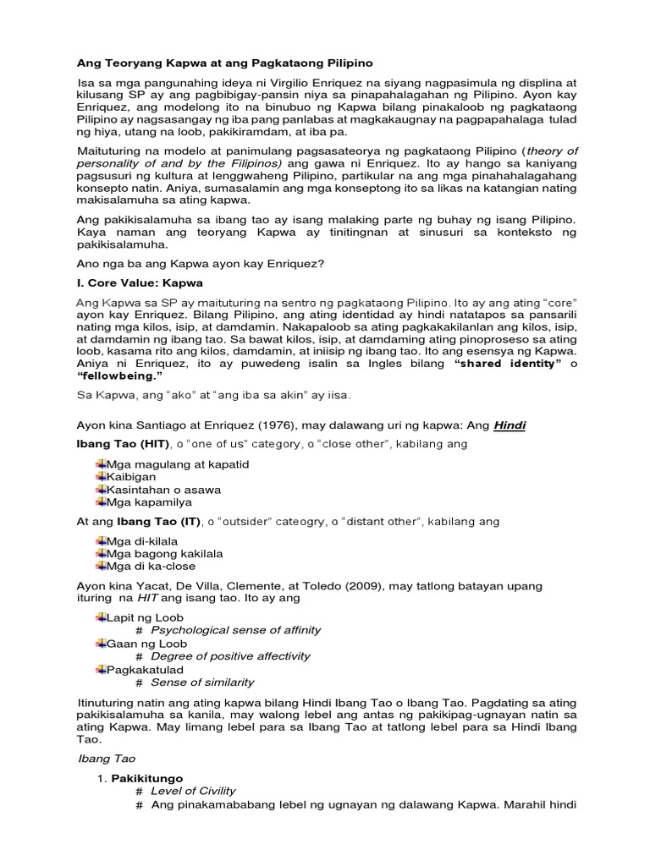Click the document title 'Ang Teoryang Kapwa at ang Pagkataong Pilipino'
(224, 63)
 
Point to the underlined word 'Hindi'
(510, 425)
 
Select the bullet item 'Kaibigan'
(131, 477)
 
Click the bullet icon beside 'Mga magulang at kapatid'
(101, 464)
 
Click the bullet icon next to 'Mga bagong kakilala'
(101, 554)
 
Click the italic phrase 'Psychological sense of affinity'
(236, 631)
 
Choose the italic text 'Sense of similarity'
(202, 682)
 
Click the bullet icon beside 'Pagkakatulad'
(101, 670)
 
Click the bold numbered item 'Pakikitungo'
(147, 778)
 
